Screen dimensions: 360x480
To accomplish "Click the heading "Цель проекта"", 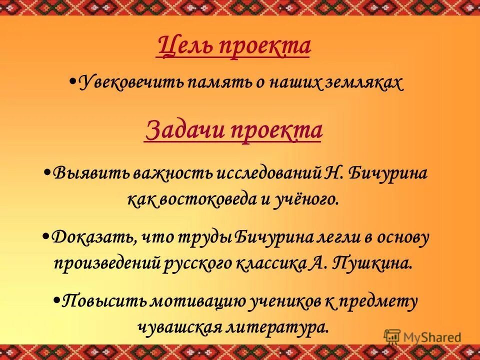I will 233,46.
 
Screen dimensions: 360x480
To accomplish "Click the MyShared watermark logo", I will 422,336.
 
